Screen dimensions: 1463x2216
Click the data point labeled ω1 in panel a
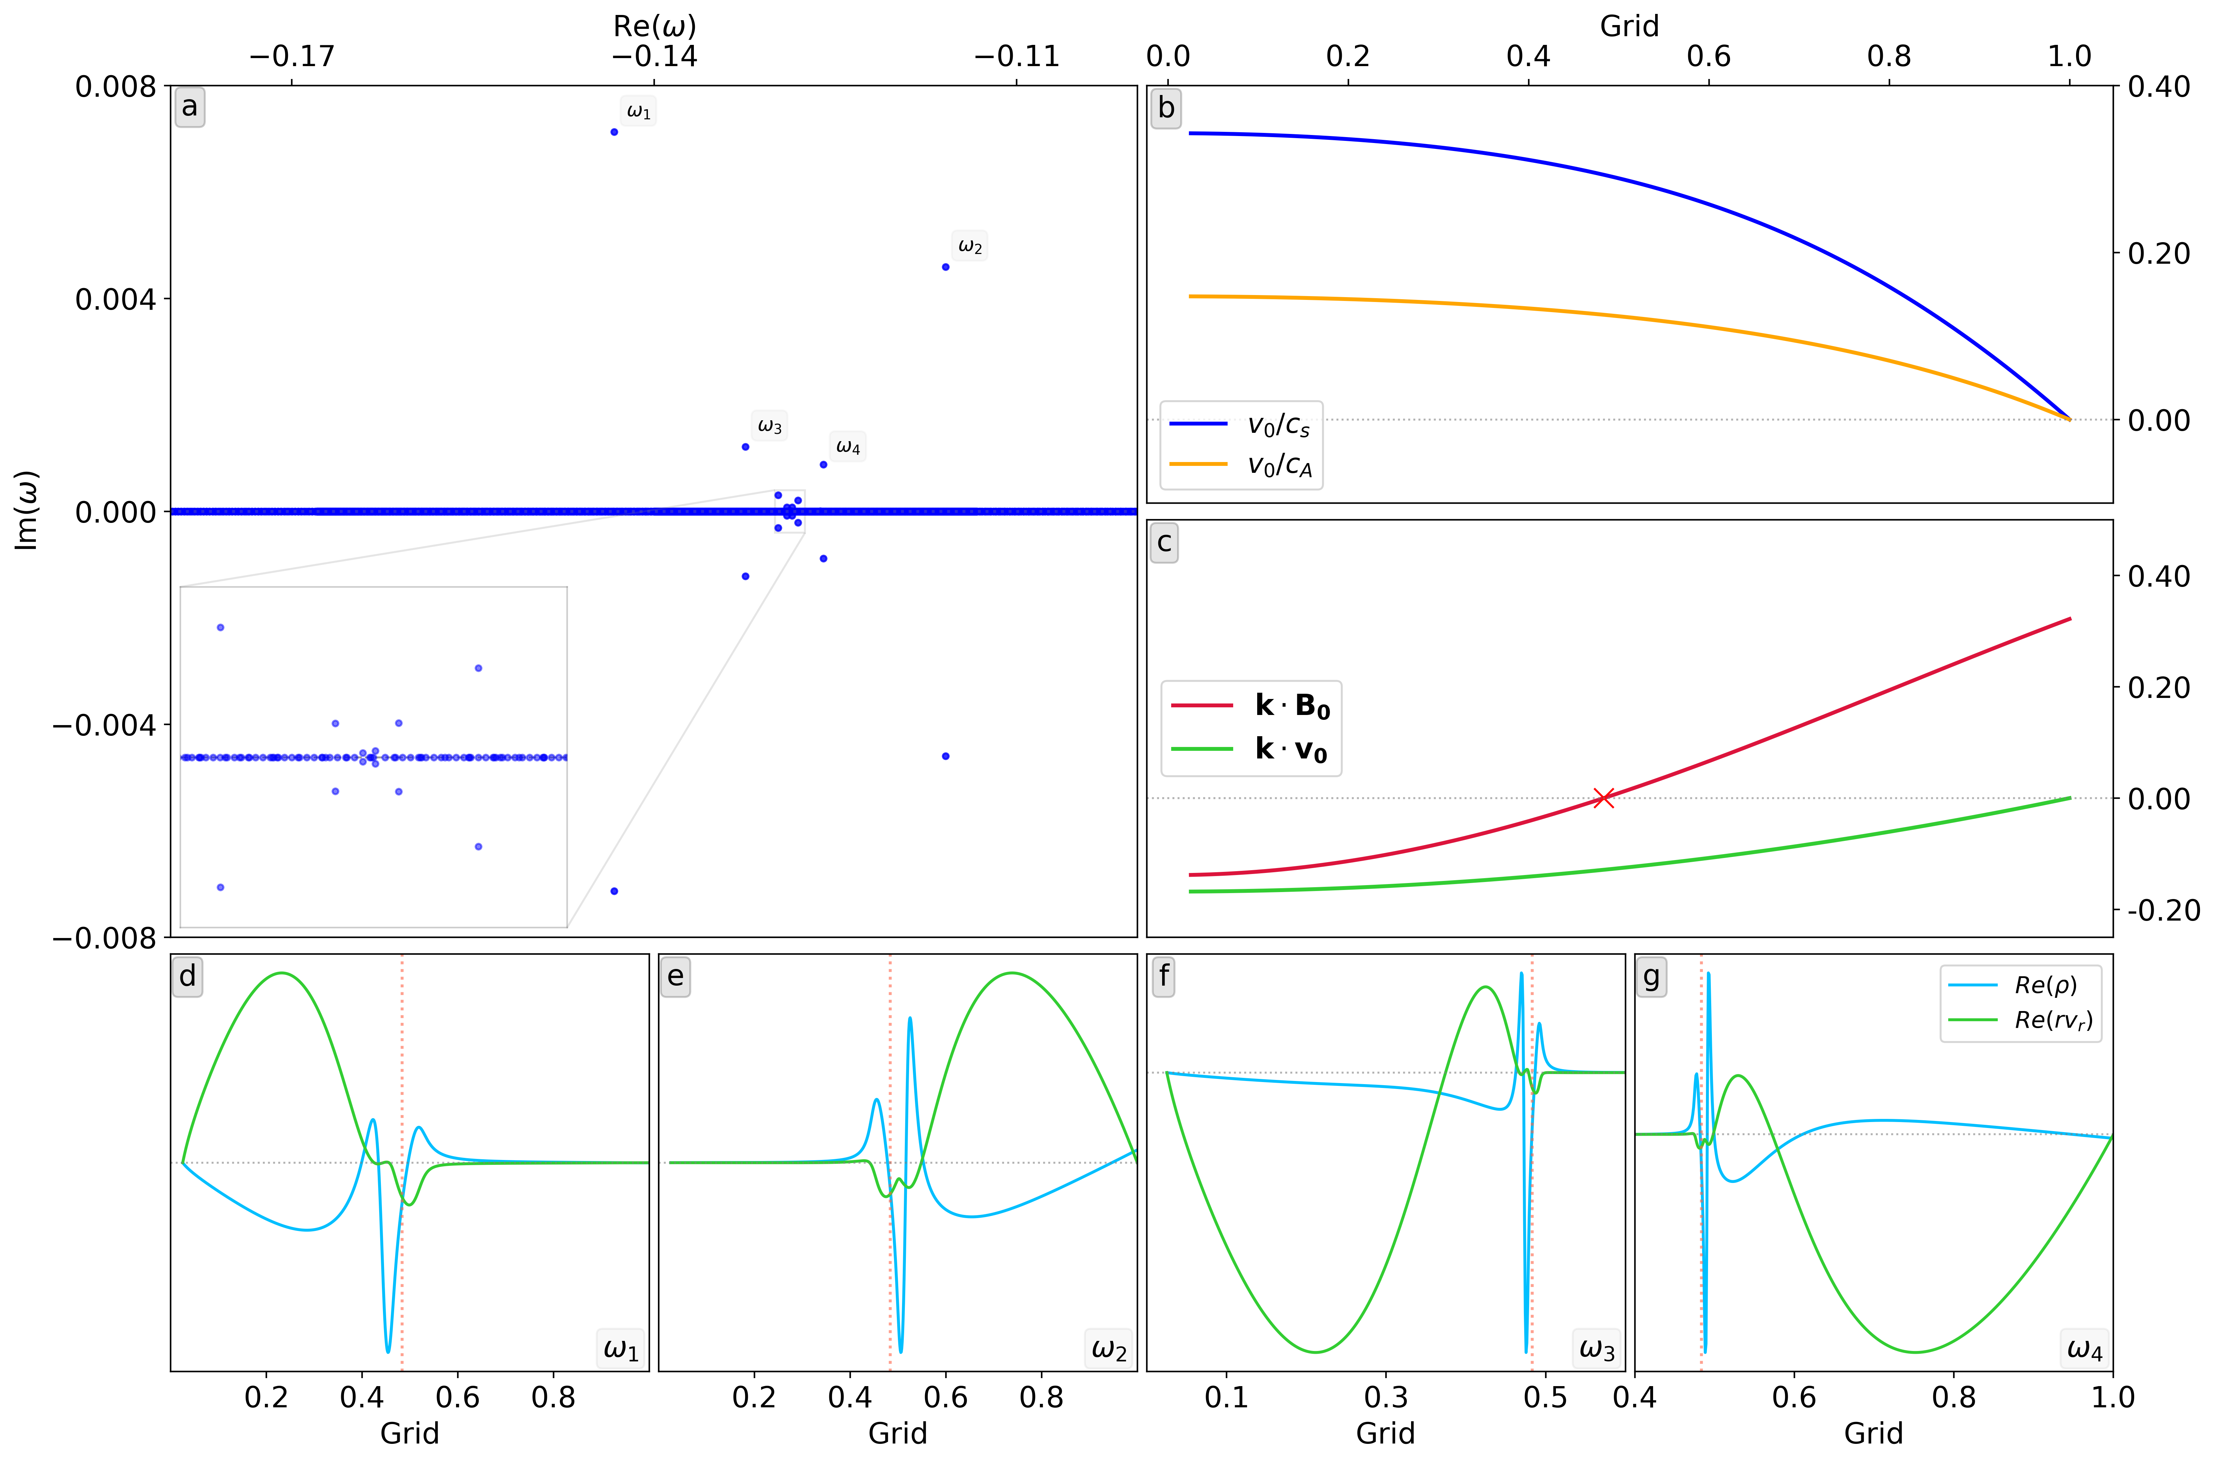coord(614,132)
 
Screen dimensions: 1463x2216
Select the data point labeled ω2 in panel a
coord(946,267)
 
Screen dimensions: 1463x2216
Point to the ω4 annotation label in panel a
coord(847,447)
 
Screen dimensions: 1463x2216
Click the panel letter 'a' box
coord(189,107)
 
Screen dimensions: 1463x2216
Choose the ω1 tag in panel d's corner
coord(621,1349)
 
